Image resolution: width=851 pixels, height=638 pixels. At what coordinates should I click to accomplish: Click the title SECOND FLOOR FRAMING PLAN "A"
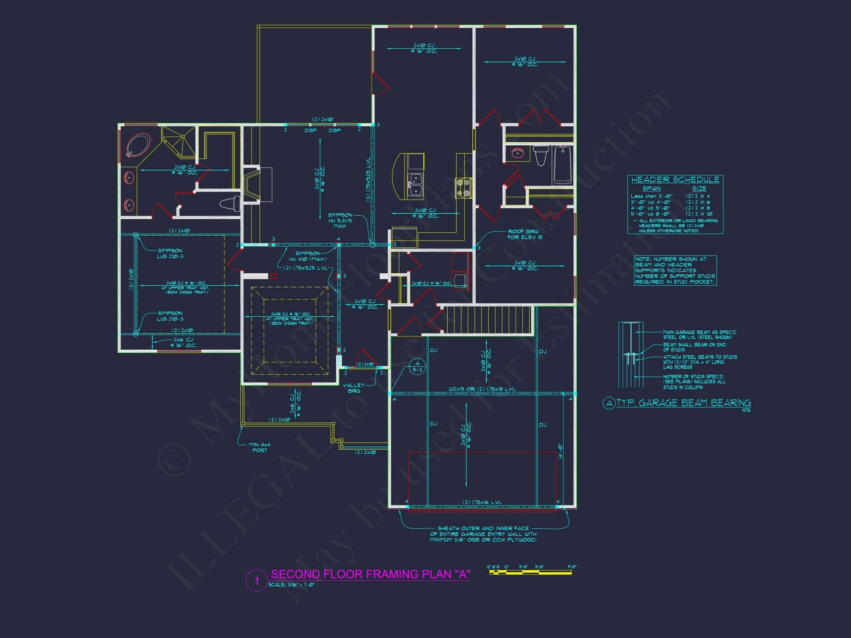[370, 574]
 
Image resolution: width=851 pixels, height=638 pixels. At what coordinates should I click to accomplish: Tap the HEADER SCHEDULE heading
[675, 179]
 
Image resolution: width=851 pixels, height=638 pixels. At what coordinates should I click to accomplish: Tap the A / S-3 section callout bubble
[417, 367]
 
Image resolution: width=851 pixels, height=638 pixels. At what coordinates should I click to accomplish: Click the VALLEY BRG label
[353, 388]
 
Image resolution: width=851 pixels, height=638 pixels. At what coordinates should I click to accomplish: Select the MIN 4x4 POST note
[259, 447]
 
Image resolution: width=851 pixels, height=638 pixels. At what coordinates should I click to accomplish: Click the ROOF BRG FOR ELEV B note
[524, 234]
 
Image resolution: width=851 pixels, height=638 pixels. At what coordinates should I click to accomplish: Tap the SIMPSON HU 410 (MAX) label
[307, 256]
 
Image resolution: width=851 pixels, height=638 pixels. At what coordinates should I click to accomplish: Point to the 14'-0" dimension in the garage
[561, 451]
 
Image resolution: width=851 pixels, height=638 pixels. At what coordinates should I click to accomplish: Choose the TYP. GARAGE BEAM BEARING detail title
[683, 403]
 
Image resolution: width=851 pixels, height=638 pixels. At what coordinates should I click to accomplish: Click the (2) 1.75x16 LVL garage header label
[482, 502]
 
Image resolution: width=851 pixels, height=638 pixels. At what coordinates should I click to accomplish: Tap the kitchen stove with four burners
[464, 188]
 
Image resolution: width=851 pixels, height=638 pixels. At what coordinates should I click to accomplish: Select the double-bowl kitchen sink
[416, 185]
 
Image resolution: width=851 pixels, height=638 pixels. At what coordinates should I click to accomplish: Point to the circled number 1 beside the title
[257, 580]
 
